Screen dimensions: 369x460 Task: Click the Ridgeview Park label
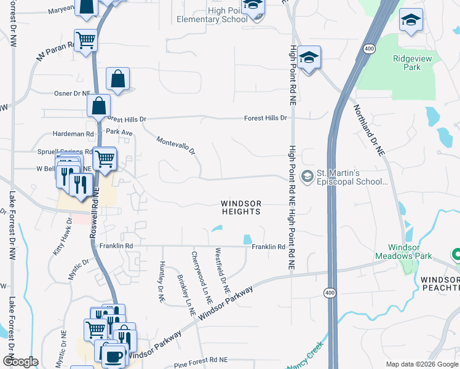[406, 63]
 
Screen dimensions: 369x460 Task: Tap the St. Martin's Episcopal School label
[352, 177]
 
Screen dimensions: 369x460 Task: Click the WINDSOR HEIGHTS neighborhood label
[241, 207]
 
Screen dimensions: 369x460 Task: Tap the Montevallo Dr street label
[175, 146]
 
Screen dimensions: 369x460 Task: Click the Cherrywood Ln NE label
[201, 278]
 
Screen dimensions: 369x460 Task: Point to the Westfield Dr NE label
[222, 271]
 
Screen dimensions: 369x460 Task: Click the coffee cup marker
[114, 356]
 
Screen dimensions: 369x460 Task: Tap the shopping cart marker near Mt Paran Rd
[85, 41]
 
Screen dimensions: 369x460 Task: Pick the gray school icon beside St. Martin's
[306, 177]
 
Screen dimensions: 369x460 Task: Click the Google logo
[20, 362]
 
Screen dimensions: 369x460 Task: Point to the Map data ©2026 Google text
[422, 364]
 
